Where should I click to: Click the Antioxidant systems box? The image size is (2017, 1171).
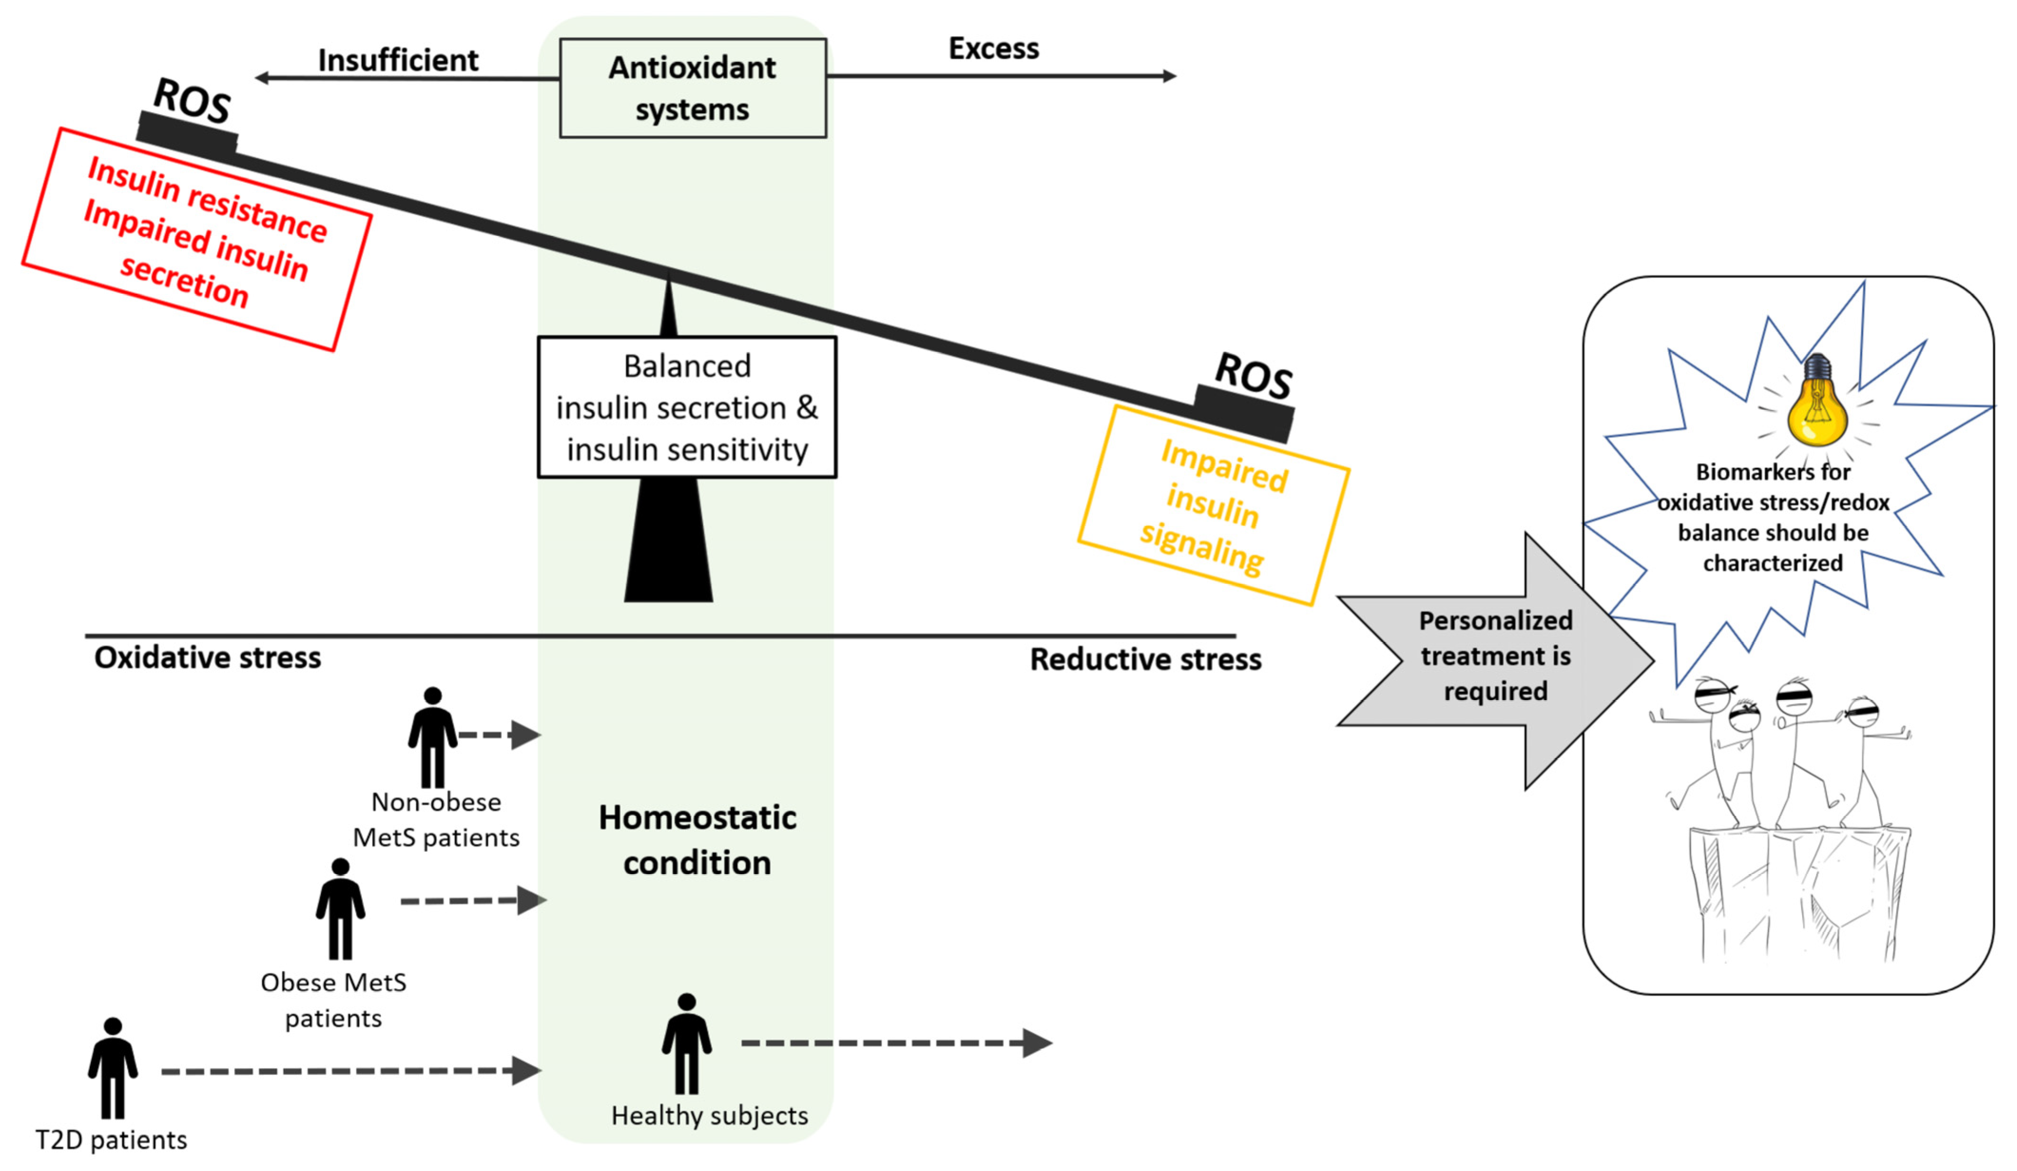click(x=692, y=88)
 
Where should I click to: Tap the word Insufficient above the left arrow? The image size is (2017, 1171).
click(x=398, y=60)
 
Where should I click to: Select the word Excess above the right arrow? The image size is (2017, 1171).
click(x=993, y=49)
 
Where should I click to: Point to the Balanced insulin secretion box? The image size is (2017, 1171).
click(x=687, y=408)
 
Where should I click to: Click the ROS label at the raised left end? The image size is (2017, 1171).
click(x=192, y=100)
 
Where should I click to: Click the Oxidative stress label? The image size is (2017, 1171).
click(x=207, y=658)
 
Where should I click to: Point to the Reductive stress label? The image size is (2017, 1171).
click(x=1144, y=660)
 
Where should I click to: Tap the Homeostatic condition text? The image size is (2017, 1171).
click(x=697, y=840)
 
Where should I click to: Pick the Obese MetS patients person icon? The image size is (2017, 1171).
click(x=340, y=909)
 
